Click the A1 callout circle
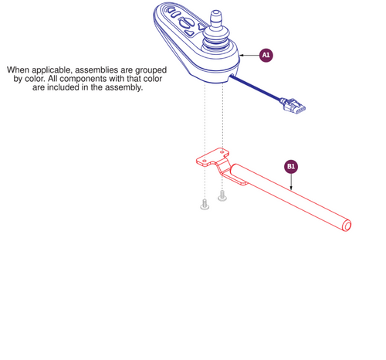tap(266, 55)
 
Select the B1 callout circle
tap(291, 165)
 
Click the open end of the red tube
tap(347, 226)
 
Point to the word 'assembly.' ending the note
tap(124, 87)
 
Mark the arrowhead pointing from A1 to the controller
tap(242, 56)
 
